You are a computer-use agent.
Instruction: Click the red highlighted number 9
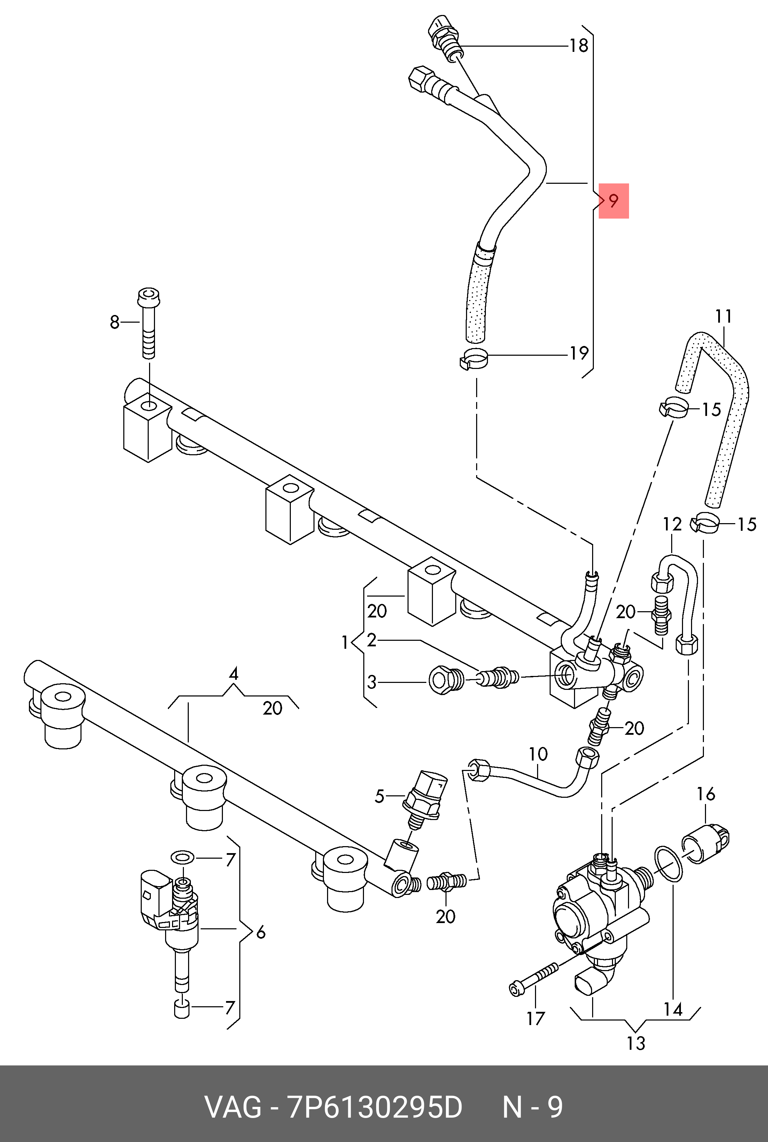[613, 201]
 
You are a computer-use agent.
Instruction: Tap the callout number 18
[579, 46]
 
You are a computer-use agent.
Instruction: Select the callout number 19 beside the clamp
[579, 353]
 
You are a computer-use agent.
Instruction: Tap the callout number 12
[672, 524]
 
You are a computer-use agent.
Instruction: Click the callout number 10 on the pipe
[538, 754]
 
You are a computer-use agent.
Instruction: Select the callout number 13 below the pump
[636, 1043]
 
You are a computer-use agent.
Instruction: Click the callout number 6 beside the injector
[261, 932]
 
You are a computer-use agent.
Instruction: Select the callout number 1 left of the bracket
[344, 642]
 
